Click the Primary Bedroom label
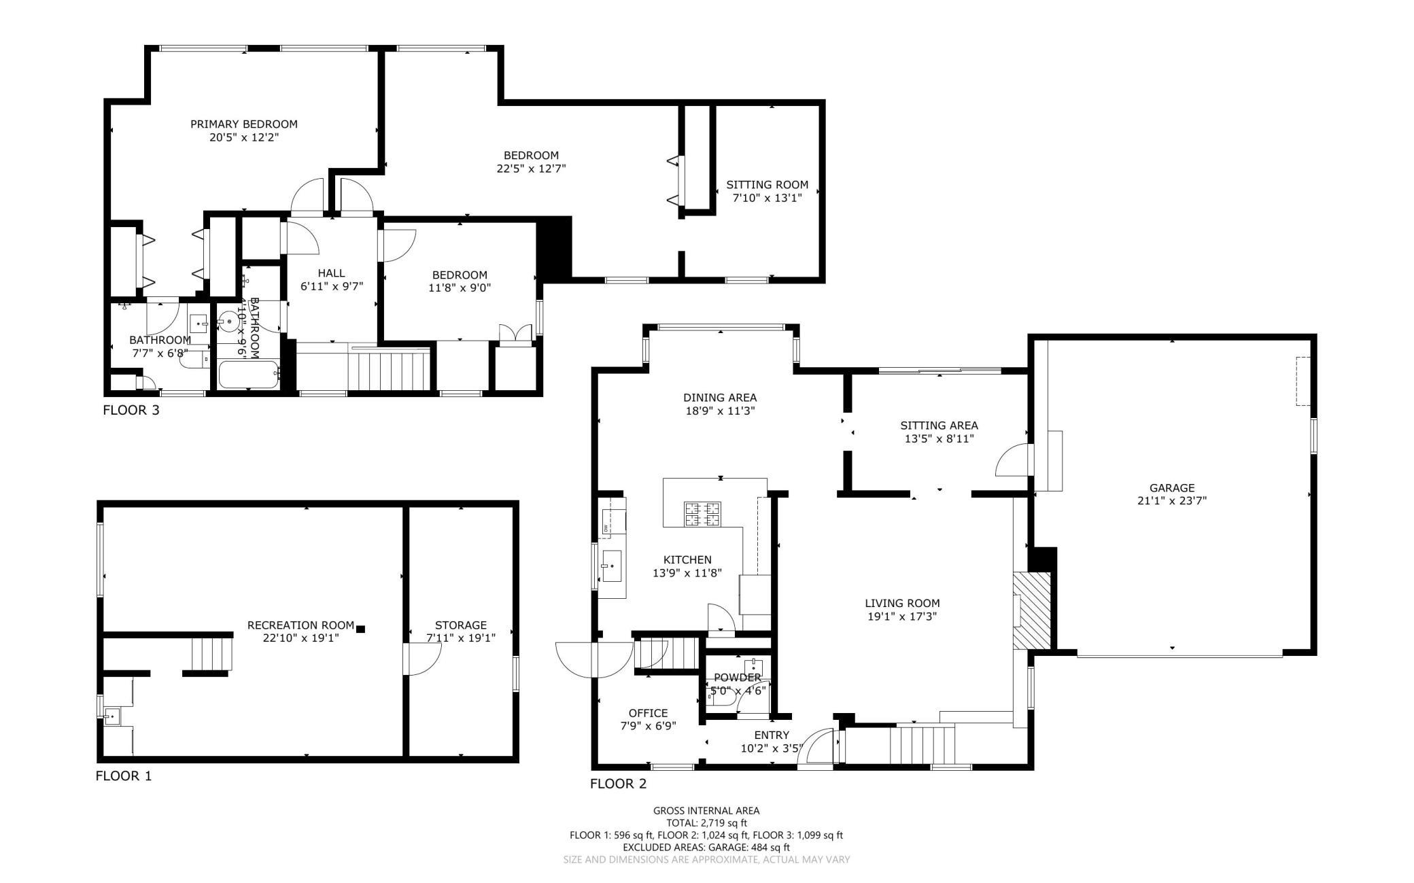243,124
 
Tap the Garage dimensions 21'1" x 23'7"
1171,501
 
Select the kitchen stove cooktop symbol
702,514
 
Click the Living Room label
902,603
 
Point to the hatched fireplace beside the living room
1032,611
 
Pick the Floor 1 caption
124,776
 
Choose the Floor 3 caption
131,410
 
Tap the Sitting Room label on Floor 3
767,184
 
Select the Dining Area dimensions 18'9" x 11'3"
720,411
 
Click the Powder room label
737,678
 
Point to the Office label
648,713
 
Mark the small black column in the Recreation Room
361,629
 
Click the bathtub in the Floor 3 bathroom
248,375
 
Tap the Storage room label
461,625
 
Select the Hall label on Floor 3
332,273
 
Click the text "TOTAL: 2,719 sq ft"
706,823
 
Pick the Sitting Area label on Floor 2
939,426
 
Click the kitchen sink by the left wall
610,566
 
